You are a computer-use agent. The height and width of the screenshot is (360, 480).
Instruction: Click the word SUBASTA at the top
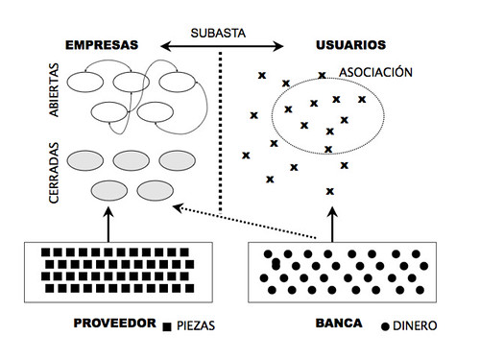pos(219,31)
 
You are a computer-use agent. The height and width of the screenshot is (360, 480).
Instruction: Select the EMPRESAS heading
pos(101,45)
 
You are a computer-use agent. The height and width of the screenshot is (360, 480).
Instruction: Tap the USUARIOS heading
pos(350,45)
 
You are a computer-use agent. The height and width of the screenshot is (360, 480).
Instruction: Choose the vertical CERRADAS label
pos(53,174)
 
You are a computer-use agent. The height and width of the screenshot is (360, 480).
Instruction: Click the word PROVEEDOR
pos(114,324)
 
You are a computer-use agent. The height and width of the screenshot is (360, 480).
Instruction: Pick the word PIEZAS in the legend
pos(196,326)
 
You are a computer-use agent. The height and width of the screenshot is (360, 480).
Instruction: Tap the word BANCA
pos(340,324)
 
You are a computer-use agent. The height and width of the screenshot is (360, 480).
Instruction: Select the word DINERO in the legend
pos(415,326)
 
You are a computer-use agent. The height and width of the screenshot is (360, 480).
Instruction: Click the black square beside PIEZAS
pos(168,326)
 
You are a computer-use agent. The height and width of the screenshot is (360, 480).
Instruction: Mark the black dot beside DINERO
pos(386,325)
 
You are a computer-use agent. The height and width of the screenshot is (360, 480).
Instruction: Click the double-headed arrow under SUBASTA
pos(223,44)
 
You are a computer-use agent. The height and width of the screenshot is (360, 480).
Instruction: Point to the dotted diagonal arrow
pos(245,222)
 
